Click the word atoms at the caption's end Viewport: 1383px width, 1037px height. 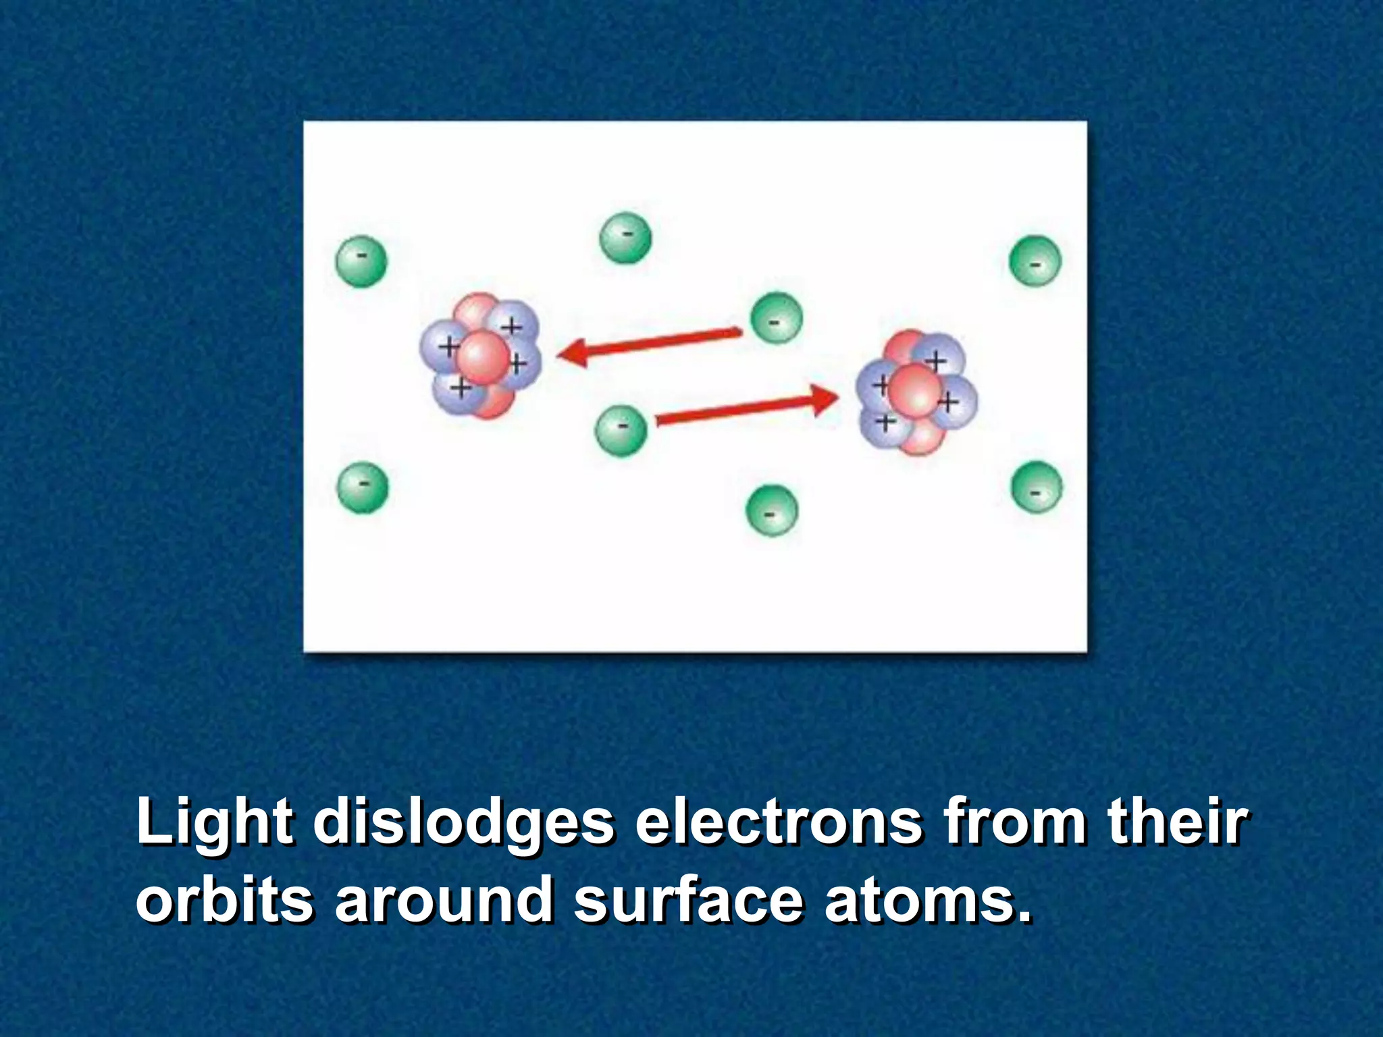coord(928,899)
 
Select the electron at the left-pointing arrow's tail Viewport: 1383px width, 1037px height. coord(777,318)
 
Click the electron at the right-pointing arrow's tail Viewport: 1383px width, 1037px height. coord(621,431)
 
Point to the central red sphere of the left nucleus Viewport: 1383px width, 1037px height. coord(482,357)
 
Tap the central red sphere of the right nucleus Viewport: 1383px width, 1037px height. coord(914,390)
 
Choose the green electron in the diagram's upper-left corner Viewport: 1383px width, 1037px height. coord(361,261)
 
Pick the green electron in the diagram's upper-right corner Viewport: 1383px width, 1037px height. coord(1035,261)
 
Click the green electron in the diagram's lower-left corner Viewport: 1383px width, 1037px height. coord(363,487)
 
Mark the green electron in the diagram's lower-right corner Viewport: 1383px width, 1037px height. coord(1037,487)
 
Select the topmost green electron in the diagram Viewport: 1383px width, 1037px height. coord(625,238)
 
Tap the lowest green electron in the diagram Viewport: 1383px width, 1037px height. coord(771,510)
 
